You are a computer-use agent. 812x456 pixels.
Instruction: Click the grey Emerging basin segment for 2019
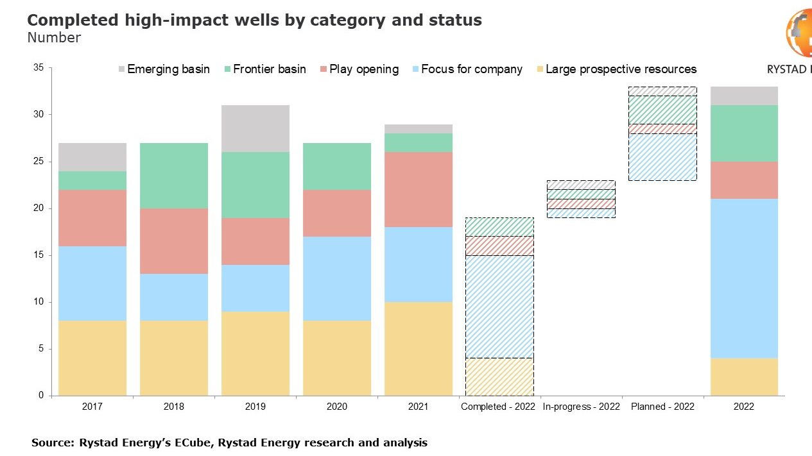(255, 128)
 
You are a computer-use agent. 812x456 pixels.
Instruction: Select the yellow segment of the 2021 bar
(418, 348)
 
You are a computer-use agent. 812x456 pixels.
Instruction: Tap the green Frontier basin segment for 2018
(174, 175)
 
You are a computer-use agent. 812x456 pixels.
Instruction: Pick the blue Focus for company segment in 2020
(337, 278)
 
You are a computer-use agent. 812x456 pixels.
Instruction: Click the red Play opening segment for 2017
(92, 217)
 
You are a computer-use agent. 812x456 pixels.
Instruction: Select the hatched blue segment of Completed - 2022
(499, 306)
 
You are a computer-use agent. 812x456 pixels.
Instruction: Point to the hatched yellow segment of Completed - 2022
(499, 376)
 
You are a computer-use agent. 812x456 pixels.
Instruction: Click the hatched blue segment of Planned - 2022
(662, 156)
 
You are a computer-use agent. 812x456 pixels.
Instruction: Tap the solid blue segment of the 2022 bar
(744, 278)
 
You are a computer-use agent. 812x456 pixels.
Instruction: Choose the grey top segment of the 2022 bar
(744, 96)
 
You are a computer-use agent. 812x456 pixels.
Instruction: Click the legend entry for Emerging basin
(168, 69)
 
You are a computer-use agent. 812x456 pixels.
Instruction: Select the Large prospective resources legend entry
(620, 69)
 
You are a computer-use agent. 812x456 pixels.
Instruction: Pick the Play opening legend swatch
(323, 69)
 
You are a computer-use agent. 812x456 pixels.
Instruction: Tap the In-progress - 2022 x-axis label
(581, 407)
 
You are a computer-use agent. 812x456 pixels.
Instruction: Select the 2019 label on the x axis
(255, 407)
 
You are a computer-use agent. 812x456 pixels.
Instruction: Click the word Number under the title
(54, 38)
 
